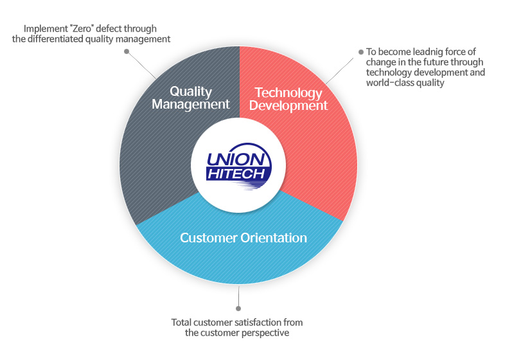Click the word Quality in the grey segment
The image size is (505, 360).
[191, 92]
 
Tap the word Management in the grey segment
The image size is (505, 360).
[191, 104]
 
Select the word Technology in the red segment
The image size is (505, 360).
[288, 93]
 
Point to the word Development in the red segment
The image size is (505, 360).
[288, 105]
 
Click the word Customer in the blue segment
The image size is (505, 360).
[208, 238]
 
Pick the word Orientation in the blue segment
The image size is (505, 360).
[274, 238]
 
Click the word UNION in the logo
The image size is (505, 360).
[236, 159]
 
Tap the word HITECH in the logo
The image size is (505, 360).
[236, 174]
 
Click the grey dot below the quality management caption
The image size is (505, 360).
[127, 51]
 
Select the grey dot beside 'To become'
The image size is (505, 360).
[361, 52]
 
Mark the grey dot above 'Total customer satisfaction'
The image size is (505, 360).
[238, 309]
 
